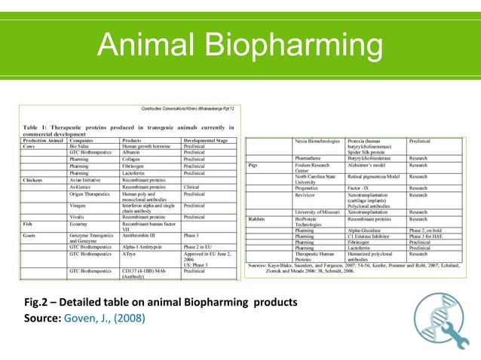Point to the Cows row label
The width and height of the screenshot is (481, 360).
29,146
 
